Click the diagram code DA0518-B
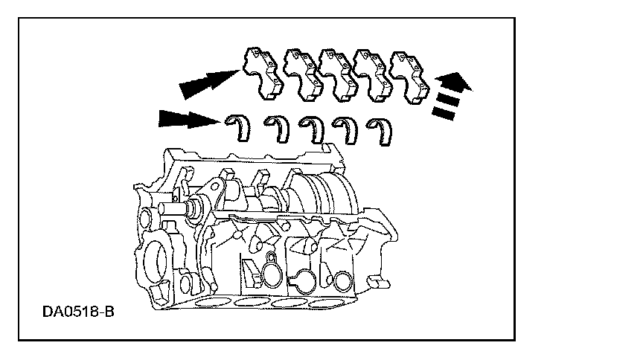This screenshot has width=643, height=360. pyautogui.click(x=78, y=312)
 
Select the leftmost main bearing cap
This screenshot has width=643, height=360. pyautogui.click(x=263, y=74)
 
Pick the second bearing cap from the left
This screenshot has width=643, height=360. pyautogui.click(x=301, y=76)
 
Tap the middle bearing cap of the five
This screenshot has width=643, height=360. pyautogui.click(x=336, y=76)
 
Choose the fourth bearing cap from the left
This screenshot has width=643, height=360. pyautogui.click(x=371, y=77)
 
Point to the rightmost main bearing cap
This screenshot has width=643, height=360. pyautogui.click(x=408, y=78)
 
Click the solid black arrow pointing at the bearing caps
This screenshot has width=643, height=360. pyautogui.click(x=209, y=83)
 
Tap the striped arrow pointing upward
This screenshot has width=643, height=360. pyautogui.click(x=451, y=94)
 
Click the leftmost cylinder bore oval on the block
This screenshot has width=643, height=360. pyautogui.click(x=214, y=303)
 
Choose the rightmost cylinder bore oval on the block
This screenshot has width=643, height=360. pyautogui.click(x=327, y=303)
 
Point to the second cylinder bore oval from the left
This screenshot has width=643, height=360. pyautogui.click(x=252, y=303)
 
